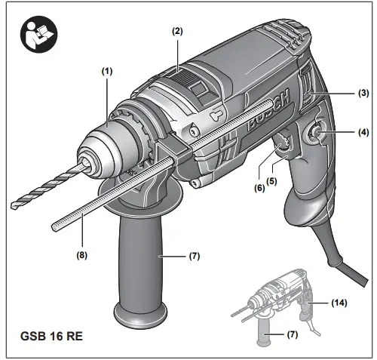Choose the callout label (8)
tap(81, 255)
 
